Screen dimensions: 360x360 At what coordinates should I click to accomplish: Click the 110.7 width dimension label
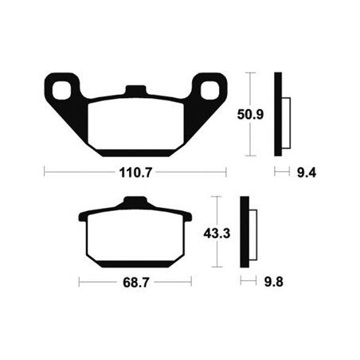(135, 170)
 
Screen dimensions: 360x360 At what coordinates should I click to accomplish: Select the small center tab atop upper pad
(135, 90)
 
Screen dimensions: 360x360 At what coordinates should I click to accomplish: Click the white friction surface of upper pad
(135, 123)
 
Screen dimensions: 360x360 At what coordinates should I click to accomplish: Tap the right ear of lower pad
(187, 216)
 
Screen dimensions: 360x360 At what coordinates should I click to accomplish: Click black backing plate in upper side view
(278, 112)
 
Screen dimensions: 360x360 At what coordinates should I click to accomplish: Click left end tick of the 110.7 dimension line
(44, 170)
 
